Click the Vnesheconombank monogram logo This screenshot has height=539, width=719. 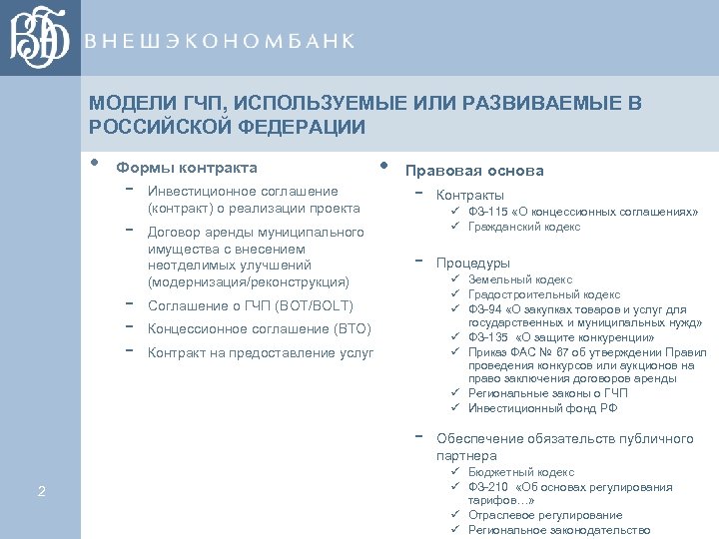pyautogui.click(x=40, y=38)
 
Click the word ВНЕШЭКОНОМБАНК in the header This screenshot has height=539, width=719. pyautogui.click(x=219, y=41)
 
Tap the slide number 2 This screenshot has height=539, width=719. pyautogui.click(x=41, y=489)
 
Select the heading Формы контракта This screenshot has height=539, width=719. pyautogui.click(x=187, y=168)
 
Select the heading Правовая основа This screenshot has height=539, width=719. pyautogui.click(x=474, y=171)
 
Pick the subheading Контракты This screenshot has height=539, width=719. pyautogui.click(x=470, y=195)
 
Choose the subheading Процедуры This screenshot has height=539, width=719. pyautogui.click(x=473, y=263)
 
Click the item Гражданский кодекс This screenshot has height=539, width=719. pyautogui.click(x=524, y=227)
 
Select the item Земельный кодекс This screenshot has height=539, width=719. pyautogui.click(x=520, y=280)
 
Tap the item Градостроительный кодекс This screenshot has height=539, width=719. pyautogui.click(x=542, y=294)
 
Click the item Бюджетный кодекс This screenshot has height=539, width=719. pyautogui.click(x=521, y=472)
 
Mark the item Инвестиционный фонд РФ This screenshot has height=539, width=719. pyautogui.click(x=542, y=407)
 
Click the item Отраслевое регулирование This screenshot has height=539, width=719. pyautogui.click(x=545, y=515)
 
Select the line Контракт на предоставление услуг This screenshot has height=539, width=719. pyautogui.click(x=261, y=352)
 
